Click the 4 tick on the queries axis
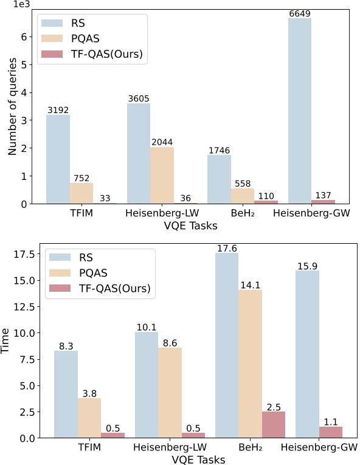point(27,93)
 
